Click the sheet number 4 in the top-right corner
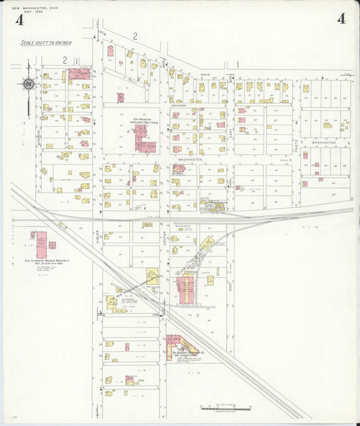(x=341, y=18)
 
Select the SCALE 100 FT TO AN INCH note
(x=45, y=43)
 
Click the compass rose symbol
(x=28, y=84)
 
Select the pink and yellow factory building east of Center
(x=185, y=287)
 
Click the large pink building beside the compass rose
(x=80, y=74)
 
